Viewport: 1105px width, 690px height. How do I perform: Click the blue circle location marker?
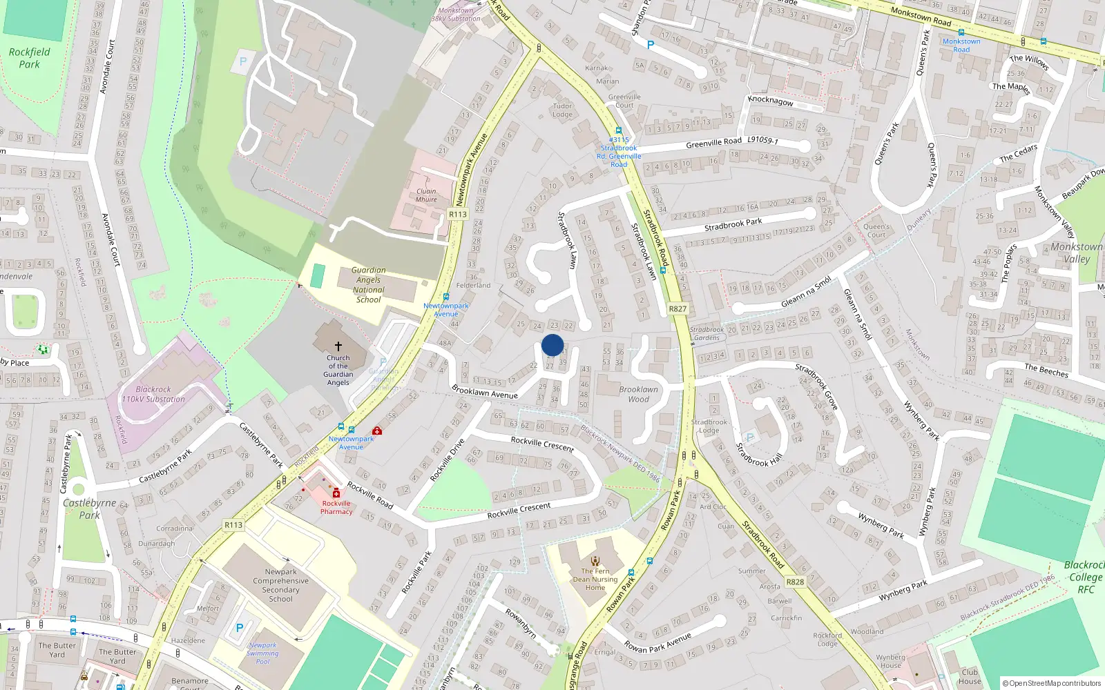(x=552, y=345)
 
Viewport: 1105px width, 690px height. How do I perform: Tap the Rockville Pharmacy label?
(x=336, y=507)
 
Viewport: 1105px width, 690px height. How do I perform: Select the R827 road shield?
(x=678, y=308)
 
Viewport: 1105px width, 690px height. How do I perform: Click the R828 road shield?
(x=795, y=582)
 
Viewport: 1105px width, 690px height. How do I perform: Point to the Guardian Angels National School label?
(x=368, y=285)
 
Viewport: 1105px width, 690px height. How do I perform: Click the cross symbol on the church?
(x=338, y=346)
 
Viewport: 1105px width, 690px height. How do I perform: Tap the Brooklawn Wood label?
(x=638, y=394)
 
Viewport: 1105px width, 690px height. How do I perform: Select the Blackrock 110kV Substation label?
(x=153, y=394)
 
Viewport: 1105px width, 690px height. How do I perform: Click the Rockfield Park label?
(x=29, y=58)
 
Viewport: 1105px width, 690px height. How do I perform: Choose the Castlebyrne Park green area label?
(x=89, y=509)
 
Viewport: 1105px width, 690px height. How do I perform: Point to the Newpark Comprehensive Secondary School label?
(x=280, y=585)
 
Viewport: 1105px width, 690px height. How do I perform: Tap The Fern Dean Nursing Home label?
(x=595, y=580)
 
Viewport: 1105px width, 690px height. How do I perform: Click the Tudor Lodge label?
(x=562, y=110)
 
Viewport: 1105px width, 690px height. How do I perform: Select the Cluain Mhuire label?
(x=426, y=195)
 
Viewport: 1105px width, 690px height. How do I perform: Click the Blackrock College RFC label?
(x=1085, y=577)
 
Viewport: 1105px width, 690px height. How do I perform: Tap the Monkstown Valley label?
(x=1076, y=253)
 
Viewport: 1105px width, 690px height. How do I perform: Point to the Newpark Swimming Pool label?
(x=262, y=653)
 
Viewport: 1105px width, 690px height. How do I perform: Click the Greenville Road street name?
(x=713, y=143)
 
